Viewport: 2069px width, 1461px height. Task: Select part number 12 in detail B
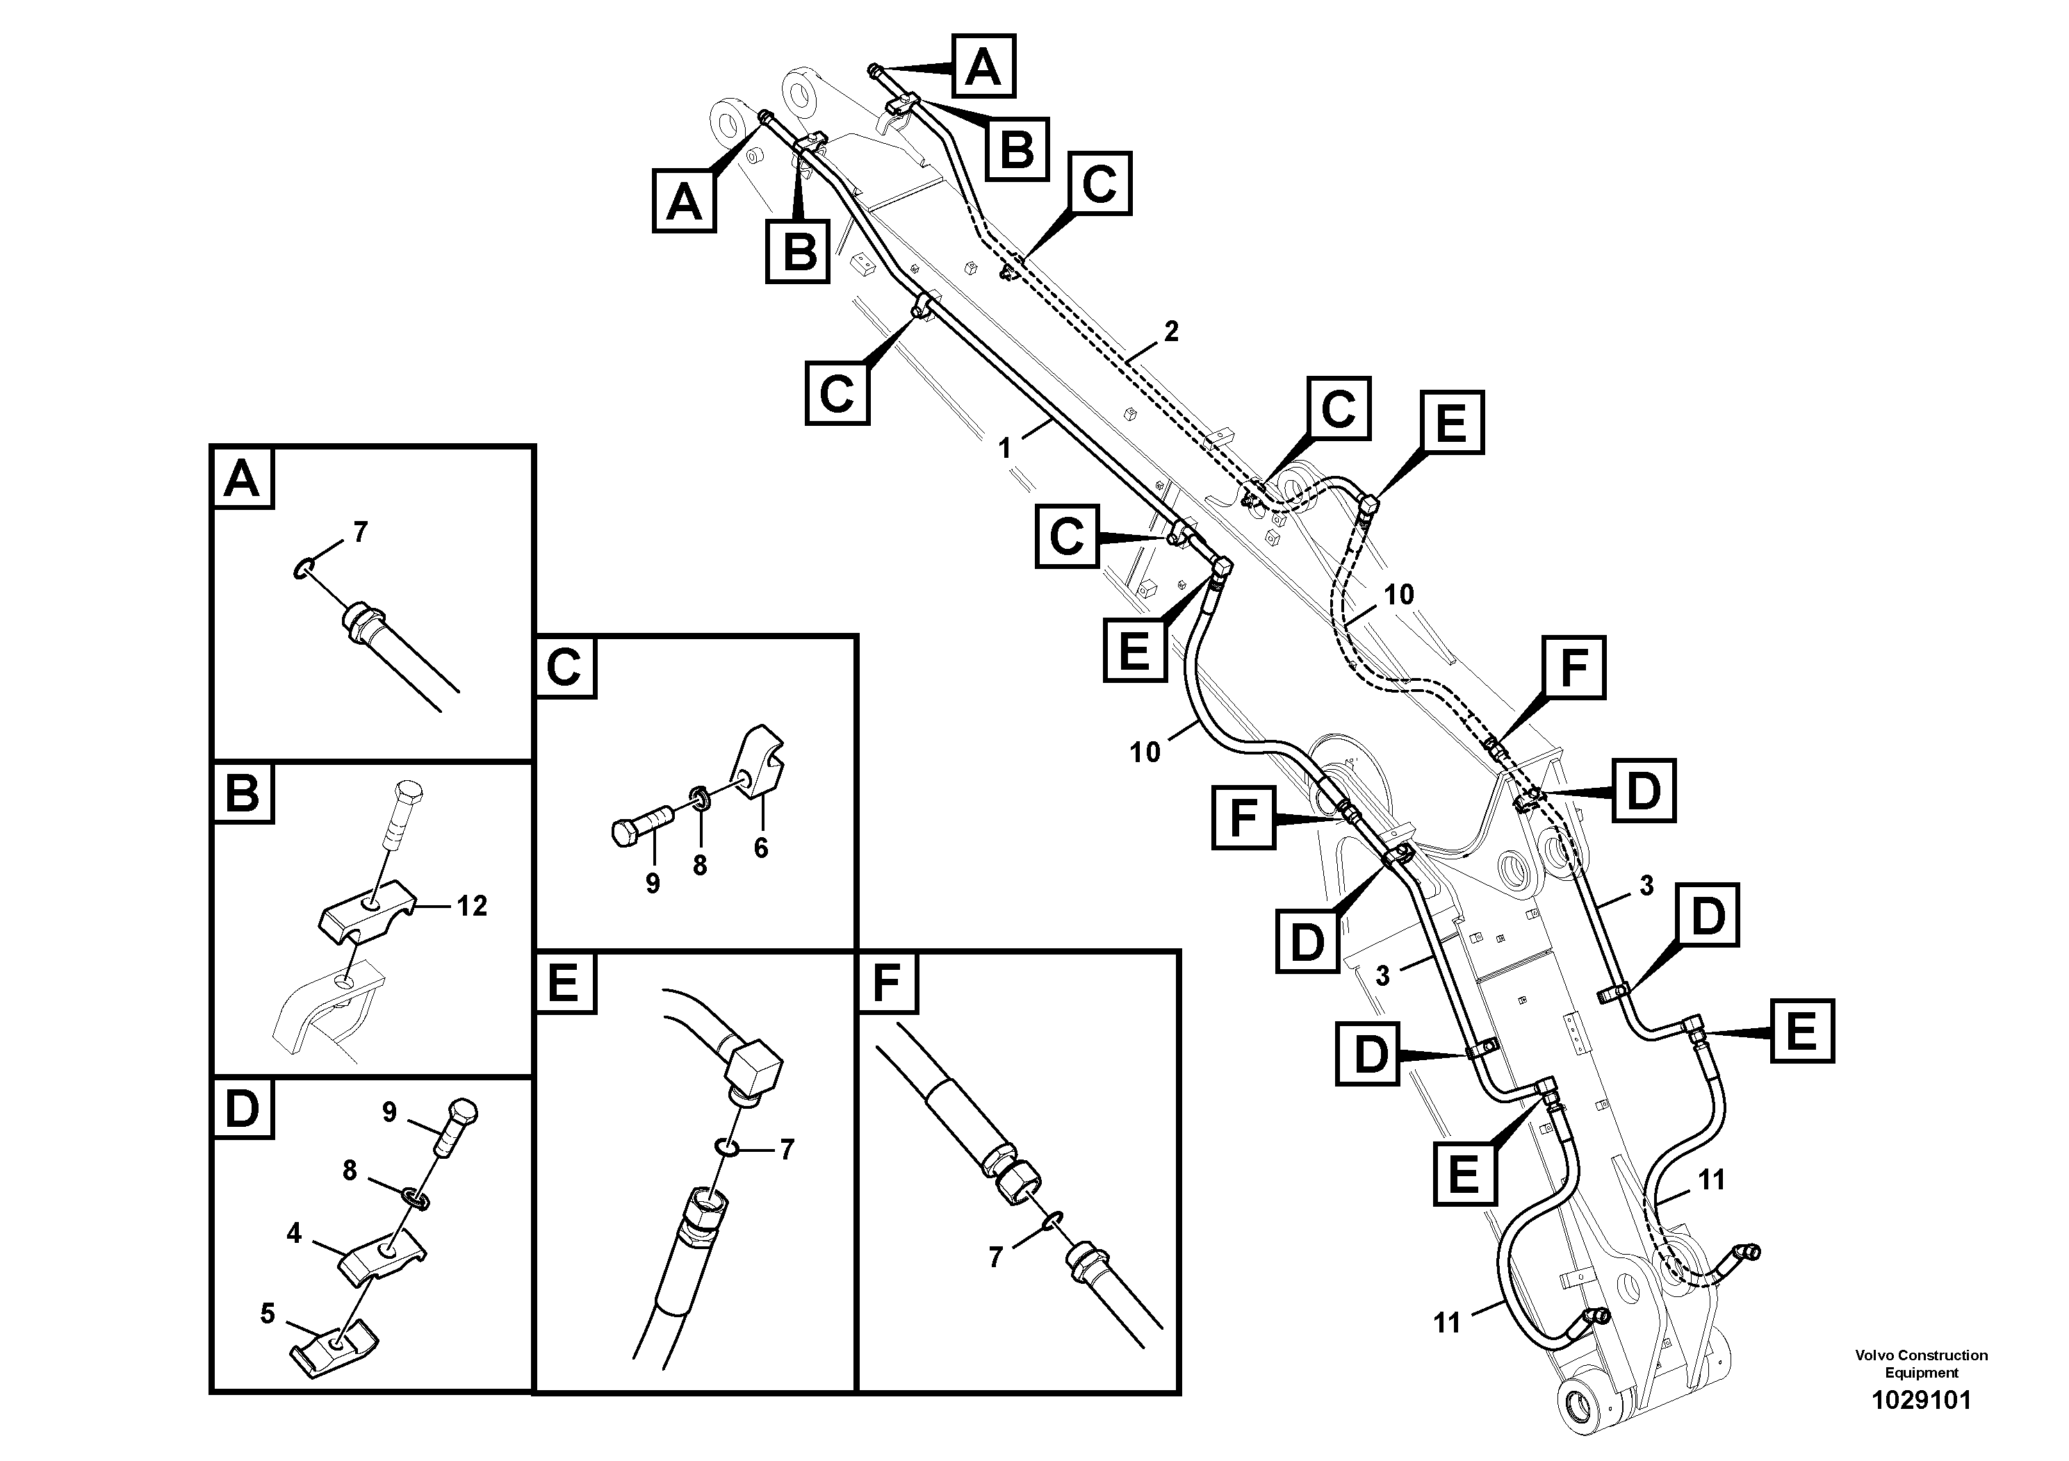[x=471, y=905]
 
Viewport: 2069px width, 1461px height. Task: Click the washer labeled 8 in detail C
[x=698, y=795]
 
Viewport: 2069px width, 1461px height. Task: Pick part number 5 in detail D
[x=267, y=1313]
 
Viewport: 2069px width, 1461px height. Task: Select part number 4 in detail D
[x=294, y=1232]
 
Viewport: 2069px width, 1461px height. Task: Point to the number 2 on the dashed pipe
[x=1170, y=331]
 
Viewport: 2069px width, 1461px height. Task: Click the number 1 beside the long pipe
[x=1005, y=447]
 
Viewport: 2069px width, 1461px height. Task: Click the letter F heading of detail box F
[x=887, y=982]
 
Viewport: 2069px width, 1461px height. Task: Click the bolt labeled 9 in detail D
[x=458, y=1126]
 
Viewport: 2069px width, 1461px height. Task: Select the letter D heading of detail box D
[x=241, y=1109]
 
